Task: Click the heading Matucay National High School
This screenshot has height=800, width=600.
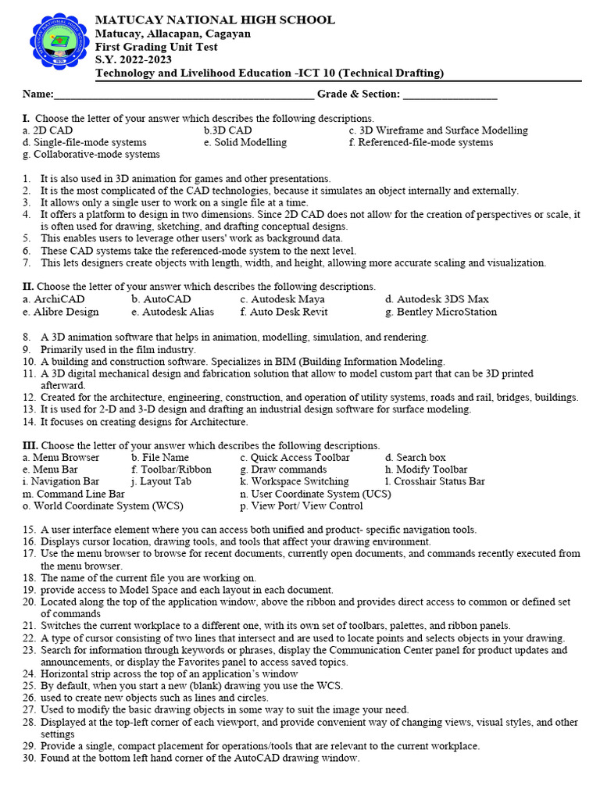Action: (x=215, y=20)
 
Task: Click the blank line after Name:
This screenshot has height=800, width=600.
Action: (x=184, y=95)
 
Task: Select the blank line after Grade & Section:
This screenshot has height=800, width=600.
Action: (x=450, y=95)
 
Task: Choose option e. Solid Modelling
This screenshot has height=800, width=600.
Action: (x=245, y=143)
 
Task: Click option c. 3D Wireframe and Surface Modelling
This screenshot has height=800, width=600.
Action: (x=438, y=130)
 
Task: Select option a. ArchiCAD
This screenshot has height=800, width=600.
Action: (x=54, y=299)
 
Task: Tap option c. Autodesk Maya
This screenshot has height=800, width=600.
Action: (x=282, y=299)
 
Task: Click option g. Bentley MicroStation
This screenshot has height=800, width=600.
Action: (x=441, y=312)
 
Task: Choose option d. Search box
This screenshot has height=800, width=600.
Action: (x=415, y=457)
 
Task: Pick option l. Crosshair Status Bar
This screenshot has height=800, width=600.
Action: (x=435, y=481)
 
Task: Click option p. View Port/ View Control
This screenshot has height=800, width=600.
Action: (x=301, y=506)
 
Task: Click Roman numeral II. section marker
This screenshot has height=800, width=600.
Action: (x=28, y=287)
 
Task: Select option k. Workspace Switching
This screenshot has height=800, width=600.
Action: (x=295, y=481)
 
